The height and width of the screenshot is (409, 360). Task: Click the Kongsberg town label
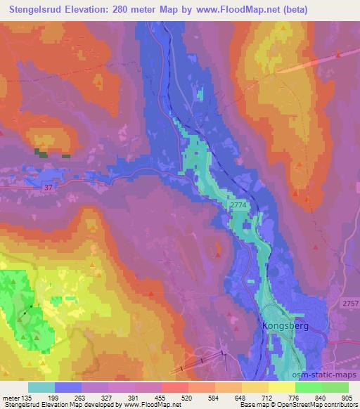pos(285,326)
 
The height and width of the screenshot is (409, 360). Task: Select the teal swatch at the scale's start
pos(41,387)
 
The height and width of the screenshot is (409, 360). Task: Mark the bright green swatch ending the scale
pos(335,387)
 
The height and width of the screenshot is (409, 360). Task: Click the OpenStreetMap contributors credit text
pos(312,405)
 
